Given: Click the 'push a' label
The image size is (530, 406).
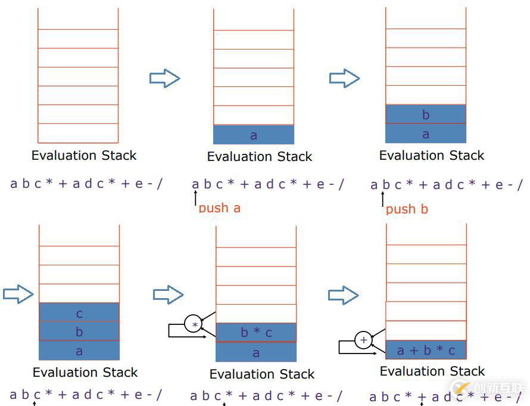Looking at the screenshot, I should tap(219, 208).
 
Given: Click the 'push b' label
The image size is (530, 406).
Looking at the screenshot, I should tap(407, 209).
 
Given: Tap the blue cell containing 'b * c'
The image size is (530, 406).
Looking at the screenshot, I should tap(256, 333).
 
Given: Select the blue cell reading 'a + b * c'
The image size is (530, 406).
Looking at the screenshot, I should tap(426, 350).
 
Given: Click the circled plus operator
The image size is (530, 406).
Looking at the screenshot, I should tap(363, 340).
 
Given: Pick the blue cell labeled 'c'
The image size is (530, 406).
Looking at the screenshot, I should tap(79, 312).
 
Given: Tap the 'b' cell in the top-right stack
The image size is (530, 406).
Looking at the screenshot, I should tap(426, 114).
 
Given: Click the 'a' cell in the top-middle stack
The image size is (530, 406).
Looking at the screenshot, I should tap(254, 135).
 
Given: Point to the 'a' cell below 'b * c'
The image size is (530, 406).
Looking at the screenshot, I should tap(256, 352).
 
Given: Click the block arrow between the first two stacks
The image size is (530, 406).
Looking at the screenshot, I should tap(164, 78).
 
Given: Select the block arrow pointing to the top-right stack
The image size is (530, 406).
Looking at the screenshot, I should tap(344, 78).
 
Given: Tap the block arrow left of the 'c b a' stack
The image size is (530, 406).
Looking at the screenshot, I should tap(18, 293).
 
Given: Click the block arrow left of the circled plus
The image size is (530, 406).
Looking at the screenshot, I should tap(344, 295).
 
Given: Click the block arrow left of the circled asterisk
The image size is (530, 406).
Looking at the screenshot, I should tap(168, 294).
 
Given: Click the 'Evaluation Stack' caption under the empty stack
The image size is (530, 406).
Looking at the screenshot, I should tap(84, 156).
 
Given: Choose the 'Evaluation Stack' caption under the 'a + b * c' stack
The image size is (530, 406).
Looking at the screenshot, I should tap(432, 371).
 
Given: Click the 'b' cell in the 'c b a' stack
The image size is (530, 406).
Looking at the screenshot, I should tap(79, 331).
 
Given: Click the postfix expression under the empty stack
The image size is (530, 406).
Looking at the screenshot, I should tap(86, 183).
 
